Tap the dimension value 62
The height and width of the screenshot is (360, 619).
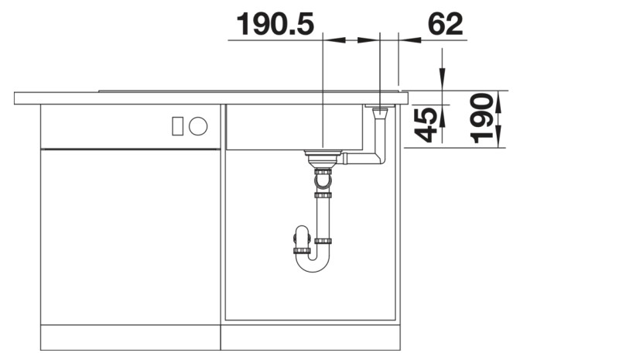coord(445,25)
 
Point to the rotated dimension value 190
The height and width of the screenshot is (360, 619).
coord(483,118)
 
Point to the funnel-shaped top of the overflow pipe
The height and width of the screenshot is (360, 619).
coord(380,114)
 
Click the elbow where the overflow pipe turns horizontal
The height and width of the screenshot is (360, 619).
coord(378,159)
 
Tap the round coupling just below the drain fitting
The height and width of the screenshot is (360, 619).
coord(323,183)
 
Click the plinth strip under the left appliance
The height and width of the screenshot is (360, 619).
coord(130,338)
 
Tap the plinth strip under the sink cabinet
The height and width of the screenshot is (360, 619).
coord(312,338)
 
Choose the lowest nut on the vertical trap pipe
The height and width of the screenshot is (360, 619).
coord(323,241)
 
